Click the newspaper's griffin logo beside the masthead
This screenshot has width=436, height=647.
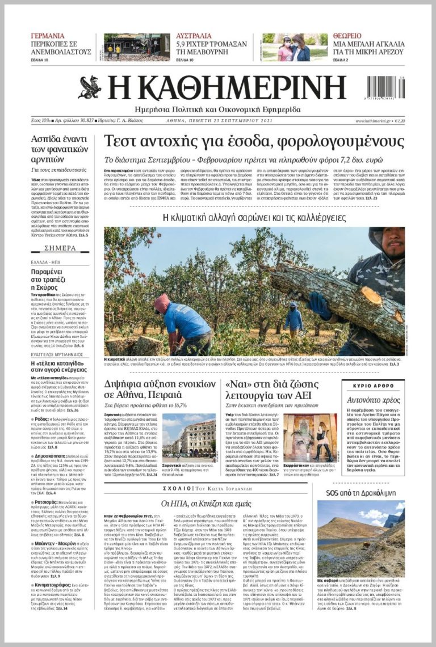pyautogui.click(x=90, y=87)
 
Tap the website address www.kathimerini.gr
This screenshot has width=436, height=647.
pyautogui.click(x=374, y=121)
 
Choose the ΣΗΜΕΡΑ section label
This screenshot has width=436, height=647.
pyautogui.click(x=58, y=248)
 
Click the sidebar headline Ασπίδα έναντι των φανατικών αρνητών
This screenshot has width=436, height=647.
pyautogui.click(x=59, y=149)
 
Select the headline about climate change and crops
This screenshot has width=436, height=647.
pyautogui.click(x=255, y=218)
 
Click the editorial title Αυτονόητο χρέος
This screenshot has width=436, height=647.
pyautogui.click(x=374, y=400)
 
